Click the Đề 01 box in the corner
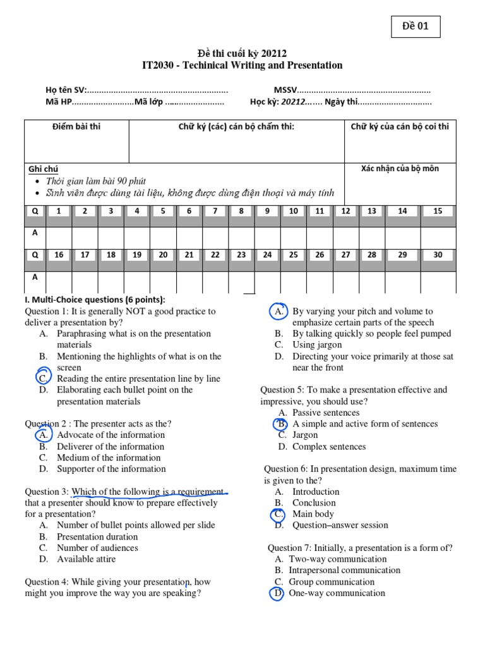pos(414,28)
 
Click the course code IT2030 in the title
pos(161,65)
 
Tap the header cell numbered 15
pos(438,211)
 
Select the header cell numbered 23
pos(241,255)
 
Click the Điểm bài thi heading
pos(76,126)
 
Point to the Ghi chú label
pos(43,169)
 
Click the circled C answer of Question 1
pos(43,378)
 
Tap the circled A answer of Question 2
pos(43,435)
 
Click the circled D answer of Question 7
pos(277,593)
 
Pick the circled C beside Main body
pos(279,514)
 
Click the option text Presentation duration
pos(97,536)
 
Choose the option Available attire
pos(87,559)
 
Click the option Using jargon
pos(317,345)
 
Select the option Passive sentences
pos(326,413)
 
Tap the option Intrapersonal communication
pos(345,570)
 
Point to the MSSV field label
pos(285,90)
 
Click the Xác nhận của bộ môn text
pos(399,169)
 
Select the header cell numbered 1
pos(59,211)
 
